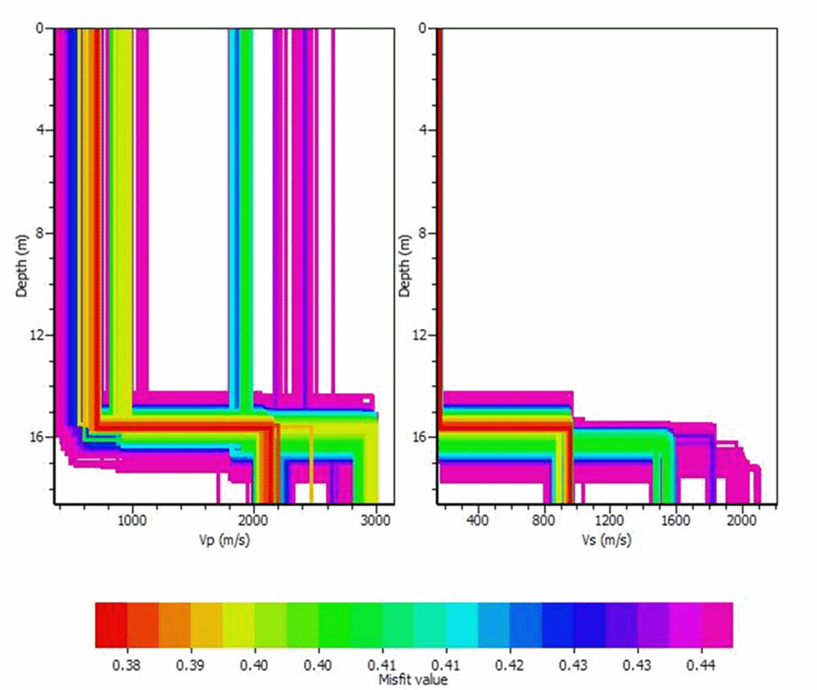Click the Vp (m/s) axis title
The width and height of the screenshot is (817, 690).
tap(224, 540)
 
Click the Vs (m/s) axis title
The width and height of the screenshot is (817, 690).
tap(607, 540)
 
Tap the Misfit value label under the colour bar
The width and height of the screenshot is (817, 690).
tap(412, 679)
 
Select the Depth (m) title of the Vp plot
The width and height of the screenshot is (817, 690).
tap(22, 266)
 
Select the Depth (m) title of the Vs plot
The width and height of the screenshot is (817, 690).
tap(405, 266)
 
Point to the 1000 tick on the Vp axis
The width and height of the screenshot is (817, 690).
tap(132, 520)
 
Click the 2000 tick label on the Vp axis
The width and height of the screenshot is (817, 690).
tap(254, 520)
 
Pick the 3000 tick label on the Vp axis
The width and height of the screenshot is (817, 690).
tap(375, 520)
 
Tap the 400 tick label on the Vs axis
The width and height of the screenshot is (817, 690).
tap(477, 520)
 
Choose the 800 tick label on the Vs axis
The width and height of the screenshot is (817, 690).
tap(544, 520)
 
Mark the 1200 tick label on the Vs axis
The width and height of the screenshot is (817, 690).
tap(610, 520)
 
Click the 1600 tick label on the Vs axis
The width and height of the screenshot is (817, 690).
tap(675, 520)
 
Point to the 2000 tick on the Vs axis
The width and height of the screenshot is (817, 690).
tap(742, 520)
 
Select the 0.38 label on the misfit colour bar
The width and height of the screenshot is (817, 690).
tap(126, 665)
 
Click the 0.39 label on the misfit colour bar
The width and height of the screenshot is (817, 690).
tap(190, 665)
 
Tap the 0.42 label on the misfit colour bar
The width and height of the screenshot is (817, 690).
tap(509, 665)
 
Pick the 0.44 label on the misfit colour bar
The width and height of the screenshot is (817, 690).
tap(701, 665)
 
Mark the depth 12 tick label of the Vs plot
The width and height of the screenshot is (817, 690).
tap(420, 335)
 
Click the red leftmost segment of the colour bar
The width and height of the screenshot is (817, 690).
tap(111, 625)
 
